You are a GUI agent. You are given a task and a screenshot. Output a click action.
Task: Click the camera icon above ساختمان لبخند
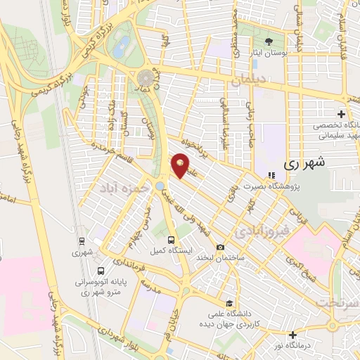point(221,247)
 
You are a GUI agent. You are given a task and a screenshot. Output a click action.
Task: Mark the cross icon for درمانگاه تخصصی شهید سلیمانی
point(341,114)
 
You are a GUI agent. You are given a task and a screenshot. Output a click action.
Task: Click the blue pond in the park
point(122,47)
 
